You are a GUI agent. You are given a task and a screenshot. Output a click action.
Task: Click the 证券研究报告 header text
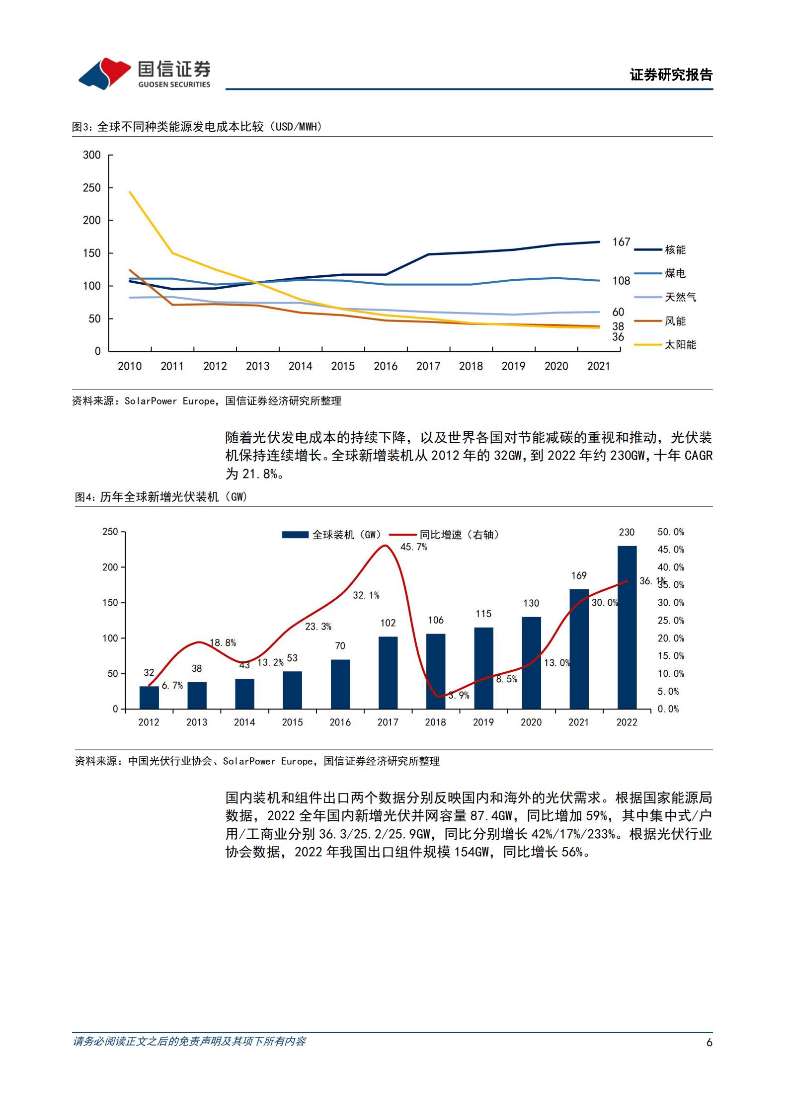coord(671,75)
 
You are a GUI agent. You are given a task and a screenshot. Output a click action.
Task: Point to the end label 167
coord(621,242)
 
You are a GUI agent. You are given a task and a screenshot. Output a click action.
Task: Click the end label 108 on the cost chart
coord(621,281)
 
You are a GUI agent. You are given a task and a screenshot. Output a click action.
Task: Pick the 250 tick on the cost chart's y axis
coord(91,188)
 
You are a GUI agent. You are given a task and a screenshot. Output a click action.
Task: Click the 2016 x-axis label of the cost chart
coord(385,366)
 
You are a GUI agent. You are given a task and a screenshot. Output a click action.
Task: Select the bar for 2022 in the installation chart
coord(627,627)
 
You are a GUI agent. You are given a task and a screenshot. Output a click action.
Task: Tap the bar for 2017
coord(388,672)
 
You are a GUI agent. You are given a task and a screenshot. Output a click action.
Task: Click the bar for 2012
coord(149,697)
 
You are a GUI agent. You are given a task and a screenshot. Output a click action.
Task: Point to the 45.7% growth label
coord(413,547)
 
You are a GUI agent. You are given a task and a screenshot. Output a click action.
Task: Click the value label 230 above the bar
coord(626,532)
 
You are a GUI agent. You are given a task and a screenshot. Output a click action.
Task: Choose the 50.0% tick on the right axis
coord(670,532)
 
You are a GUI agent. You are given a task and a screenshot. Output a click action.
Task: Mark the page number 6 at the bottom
coord(709,1042)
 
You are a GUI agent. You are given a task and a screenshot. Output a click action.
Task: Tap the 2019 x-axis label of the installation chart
coord(483,722)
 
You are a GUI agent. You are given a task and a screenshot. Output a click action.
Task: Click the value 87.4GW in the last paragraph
coord(491,816)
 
